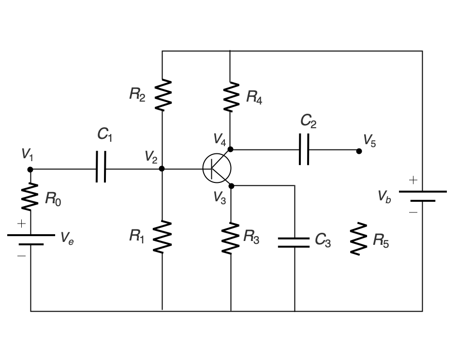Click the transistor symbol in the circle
pyautogui.click(x=217, y=169)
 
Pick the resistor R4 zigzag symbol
pyautogui.click(x=230, y=97)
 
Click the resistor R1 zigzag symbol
pyautogui.click(x=162, y=237)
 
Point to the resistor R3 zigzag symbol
pyautogui.click(x=231, y=238)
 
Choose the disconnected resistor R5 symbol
pyautogui.click(x=358, y=239)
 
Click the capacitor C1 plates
pyautogui.click(x=101, y=169)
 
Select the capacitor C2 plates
pyautogui.click(x=304, y=150)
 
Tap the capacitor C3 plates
pyautogui.click(x=294, y=242)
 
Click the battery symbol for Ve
pyautogui.click(x=30, y=240)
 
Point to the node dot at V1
pyautogui.click(x=30, y=169)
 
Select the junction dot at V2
pyautogui.click(x=162, y=169)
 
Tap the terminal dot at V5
pyautogui.click(x=359, y=151)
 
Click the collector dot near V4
pyautogui.click(x=231, y=149)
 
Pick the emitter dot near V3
pyautogui.click(x=231, y=186)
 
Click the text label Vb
pyautogui.click(x=384, y=196)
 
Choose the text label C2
pyautogui.click(x=309, y=121)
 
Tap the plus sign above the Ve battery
pyautogui.click(x=21, y=224)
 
